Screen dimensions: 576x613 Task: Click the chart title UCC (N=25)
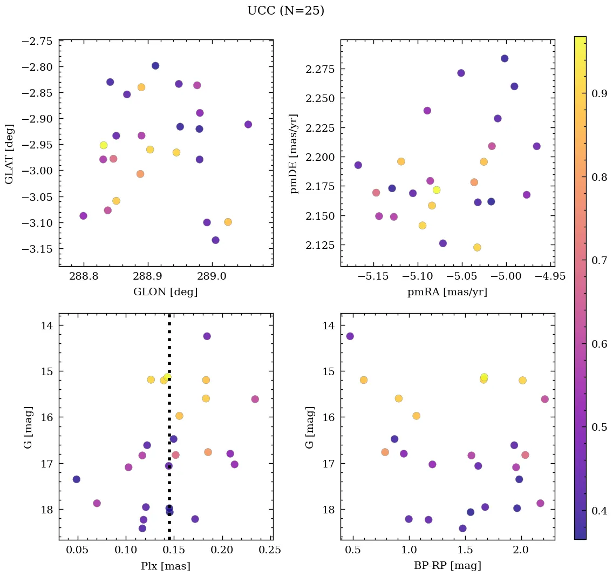point(285,11)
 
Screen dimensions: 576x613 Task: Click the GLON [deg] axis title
point(165,292)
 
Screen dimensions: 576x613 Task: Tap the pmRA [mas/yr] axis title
point(447,292)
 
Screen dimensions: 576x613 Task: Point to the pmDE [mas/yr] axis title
point(294,154)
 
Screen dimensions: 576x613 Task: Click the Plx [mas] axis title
point(165,566)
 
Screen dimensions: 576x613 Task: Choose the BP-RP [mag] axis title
point(447,566)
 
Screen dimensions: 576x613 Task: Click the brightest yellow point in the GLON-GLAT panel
point(104,145)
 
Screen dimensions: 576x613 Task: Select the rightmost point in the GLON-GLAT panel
point(248,124)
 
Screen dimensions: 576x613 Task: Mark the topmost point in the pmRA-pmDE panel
point(505,58)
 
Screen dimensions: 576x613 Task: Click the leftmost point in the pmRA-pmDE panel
point(358,165)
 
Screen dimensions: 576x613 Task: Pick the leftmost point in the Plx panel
point(77,479)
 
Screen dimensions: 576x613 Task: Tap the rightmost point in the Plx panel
point(255,399)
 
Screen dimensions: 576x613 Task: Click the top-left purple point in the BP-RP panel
point(350,336)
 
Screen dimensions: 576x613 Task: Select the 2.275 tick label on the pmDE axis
point(321,69)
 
